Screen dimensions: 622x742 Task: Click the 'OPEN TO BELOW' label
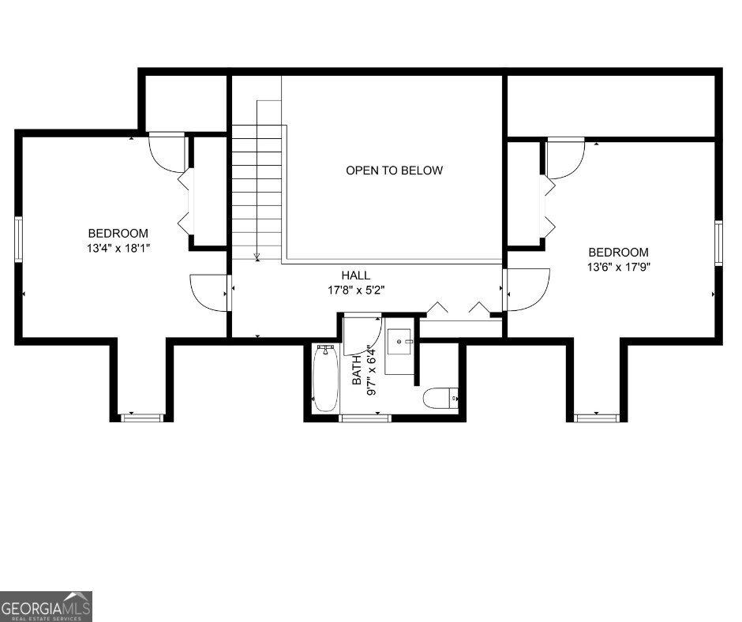click(394, 170)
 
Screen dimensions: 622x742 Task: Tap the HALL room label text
click(356, 275)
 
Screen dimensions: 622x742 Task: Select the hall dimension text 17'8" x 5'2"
click(356, 290)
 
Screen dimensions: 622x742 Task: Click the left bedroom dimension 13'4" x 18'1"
click(118, 248)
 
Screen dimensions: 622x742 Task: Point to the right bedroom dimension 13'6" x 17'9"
click(618, 267)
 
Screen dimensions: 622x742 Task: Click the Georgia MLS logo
click(46, 606)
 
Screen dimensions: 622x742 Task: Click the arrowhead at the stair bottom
click(257, 256)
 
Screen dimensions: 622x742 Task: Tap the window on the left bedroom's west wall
click(18, 239)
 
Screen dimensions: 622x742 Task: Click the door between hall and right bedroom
click(525, 289)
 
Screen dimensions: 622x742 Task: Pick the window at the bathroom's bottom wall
click(365, 418)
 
